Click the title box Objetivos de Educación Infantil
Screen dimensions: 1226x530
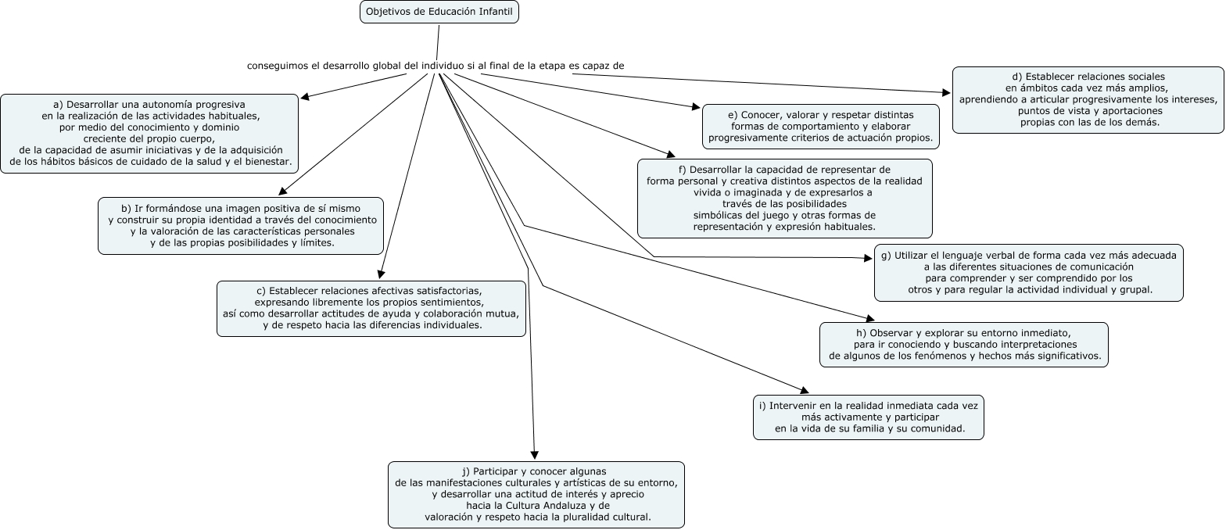coord(439,12)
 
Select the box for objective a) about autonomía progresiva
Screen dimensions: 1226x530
coord(149,134)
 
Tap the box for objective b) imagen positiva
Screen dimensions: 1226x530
coord(241,226)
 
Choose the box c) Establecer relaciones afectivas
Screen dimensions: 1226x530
coord(371,309)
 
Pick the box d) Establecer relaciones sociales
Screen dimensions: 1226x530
coord(1088,100)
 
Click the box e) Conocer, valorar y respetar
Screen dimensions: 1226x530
coord(821,127)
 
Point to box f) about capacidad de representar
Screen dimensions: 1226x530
coord(785,199)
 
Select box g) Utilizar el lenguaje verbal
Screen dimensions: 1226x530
coord(1029,273)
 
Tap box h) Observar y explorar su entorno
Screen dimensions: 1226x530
coord(964,345)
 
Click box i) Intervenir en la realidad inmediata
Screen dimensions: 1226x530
coord(869,417)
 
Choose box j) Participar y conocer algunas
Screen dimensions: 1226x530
coord(536,495)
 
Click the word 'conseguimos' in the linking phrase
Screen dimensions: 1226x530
coord(278,66)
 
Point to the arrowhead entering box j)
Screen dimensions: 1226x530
coord(535,455)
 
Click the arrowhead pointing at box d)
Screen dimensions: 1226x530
coord(947,93)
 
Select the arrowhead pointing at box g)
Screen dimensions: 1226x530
coord(868,258)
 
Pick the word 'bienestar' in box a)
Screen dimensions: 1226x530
coord(267,161)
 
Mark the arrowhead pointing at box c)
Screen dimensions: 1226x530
coord(381,274)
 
